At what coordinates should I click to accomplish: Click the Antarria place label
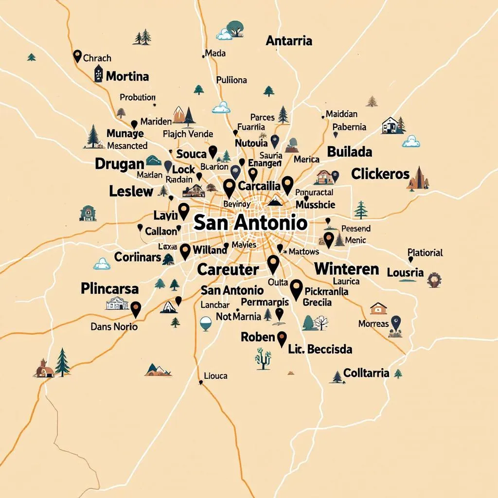[x=289, y=41]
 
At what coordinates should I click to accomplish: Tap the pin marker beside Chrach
[x=77, y=56]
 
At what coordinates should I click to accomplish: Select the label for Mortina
[x=127, y=76]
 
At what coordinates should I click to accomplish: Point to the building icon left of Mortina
[x=98, y=73]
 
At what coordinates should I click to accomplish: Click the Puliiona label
[x=231, y=80]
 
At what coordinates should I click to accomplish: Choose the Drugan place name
[x=120, y=163]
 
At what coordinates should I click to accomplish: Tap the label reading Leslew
[x=131, y=191]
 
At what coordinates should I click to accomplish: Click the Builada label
[x=350, y=152]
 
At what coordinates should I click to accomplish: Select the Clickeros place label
[x=380, y=174]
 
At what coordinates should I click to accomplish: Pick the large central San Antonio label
[x=250, y=223]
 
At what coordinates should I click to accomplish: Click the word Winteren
[x=346, y=269]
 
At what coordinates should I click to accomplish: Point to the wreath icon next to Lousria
[x=434, y=280]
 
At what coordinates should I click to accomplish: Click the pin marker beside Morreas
[x=396, y=321]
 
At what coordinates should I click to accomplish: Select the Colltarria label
[x=366, y=373]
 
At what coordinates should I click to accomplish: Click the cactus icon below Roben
[x=263, y=358]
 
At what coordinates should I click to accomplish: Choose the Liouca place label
[x=215, y=376]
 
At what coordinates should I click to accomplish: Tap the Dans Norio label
[x=114, y=327]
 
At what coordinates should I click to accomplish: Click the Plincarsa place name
[x=109, y=288]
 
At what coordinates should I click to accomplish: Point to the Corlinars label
[x=138, y=257]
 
